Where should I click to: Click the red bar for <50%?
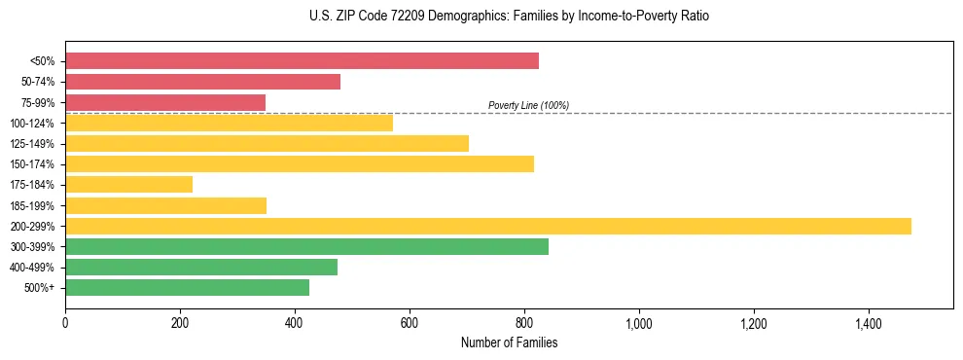[302, 61]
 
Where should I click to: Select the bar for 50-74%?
[202, 82]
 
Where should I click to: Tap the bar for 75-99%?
[165, 102]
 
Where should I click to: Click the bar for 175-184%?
[128, 185]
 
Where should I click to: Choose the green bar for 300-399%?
[306, 246]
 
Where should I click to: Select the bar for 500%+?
[187, 287]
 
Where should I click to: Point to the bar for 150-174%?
[300, 163]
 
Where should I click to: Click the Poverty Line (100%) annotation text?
[528, 105]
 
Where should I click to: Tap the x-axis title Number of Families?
[509, 342]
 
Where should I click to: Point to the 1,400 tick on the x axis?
[868, 322]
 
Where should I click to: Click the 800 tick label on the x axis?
[523, 322]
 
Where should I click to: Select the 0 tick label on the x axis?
[65, 322]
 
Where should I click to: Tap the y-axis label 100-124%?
[32, 124]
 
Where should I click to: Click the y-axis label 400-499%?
[32, 268]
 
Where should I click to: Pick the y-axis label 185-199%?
[32, 205]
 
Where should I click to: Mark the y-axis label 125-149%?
[32, 144]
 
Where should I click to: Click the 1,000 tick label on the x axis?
[638, 322]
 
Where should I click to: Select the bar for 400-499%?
[201, 267]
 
